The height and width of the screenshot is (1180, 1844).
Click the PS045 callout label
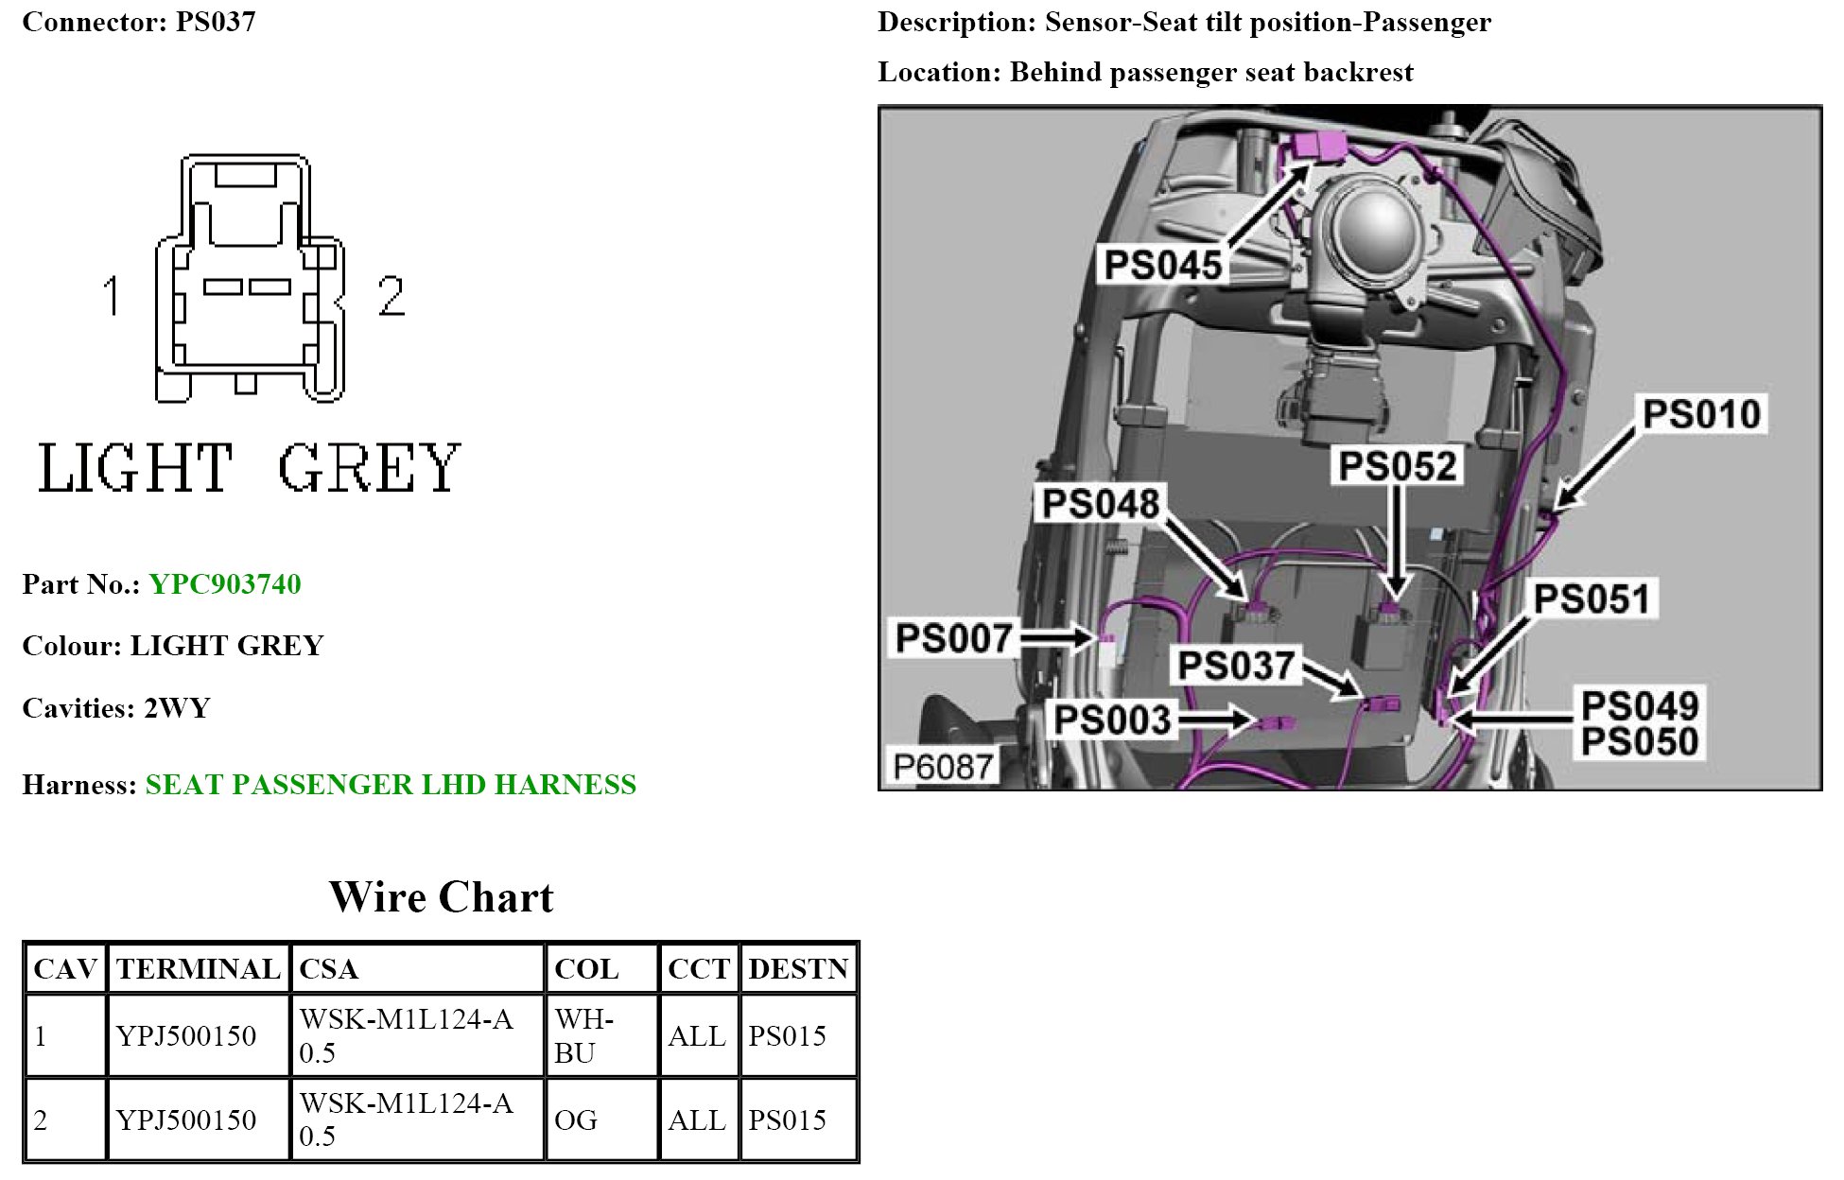click(x=1162, y=265)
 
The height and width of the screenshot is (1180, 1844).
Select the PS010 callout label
click(x=1701, y=414)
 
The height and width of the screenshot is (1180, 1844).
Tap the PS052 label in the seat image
click(x=1397, y=466)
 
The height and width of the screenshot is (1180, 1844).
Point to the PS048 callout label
click(x=1100, y=504)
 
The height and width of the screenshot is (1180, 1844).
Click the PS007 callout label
click(x=953, y=638)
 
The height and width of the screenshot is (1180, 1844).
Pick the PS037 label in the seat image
click(x=1235, y=666)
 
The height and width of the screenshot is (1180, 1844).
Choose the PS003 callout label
click(x=1112, y=720)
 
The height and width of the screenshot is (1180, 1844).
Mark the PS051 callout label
click(x=1592, y=599)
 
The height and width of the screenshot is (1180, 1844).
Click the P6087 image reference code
click(x=943, y=767)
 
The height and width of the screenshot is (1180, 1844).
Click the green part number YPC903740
click(x=225, y=584)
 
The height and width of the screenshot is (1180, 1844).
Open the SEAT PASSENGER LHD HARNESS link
click(x=391, y=785)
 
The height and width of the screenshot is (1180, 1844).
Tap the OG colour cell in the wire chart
click(x=576, y=1120)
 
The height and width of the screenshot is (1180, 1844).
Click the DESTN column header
click(x=798, y=969)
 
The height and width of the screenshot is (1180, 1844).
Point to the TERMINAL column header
click(x=198, y=969)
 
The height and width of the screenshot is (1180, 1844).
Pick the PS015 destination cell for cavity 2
click(x=787, y=1120)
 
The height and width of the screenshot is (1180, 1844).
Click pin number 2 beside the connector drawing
click(x=391, y=296)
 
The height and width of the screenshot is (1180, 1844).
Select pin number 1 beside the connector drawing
click(x=112, y=295)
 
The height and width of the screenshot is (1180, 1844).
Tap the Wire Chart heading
click(x=441, y=897)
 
